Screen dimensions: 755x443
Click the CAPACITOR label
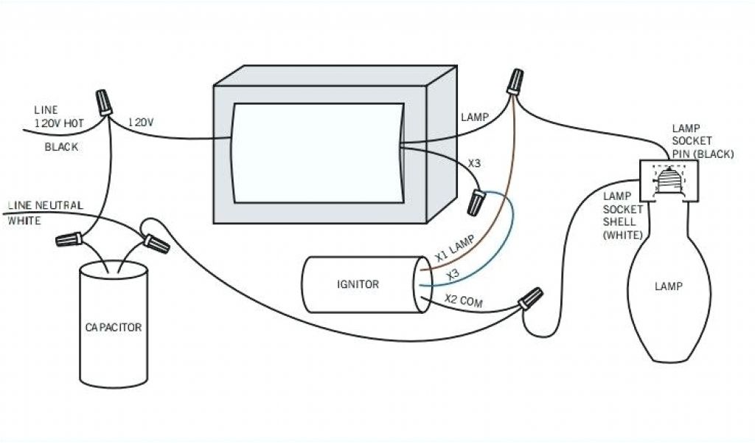(x=113, y=327)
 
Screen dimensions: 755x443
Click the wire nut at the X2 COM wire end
(x=530, y=299)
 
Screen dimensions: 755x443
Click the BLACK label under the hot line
(x=61, y=147)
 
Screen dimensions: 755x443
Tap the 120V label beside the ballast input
(x=141, y=122)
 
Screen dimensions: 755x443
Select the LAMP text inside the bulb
(x=668, y=286)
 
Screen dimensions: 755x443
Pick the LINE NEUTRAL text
(x=45, y=205)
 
